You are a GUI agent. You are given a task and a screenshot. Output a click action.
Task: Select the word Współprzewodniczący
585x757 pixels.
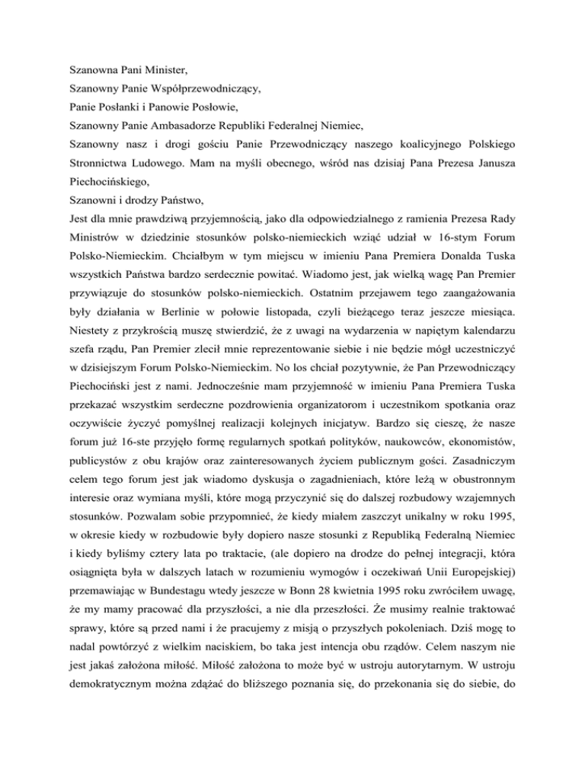click(x=201, y=89)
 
